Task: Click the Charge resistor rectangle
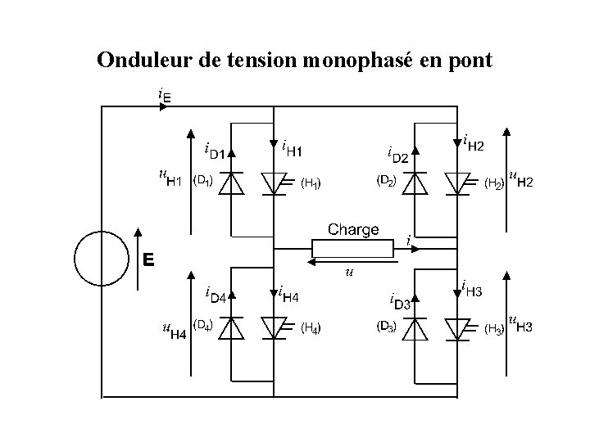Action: pos(353,248)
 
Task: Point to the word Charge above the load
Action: pos(353,229)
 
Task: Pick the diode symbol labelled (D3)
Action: pos(416,327)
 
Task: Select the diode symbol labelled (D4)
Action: pos(233,327)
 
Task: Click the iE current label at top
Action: pos(165,96)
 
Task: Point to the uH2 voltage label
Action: pos(520,178)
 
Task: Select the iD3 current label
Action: pos(400,300)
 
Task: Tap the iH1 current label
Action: pos(292,149)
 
